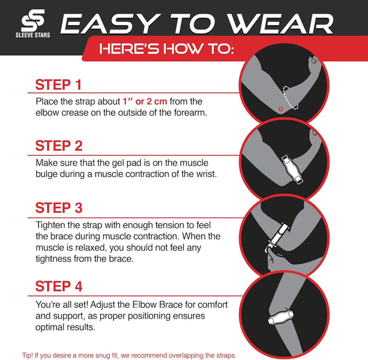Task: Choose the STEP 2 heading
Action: point(59,146)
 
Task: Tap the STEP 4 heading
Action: point(59,286)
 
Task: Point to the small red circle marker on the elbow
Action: point(281,109)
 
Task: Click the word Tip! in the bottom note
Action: point(28,355)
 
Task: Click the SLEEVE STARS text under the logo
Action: point(33,35)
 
